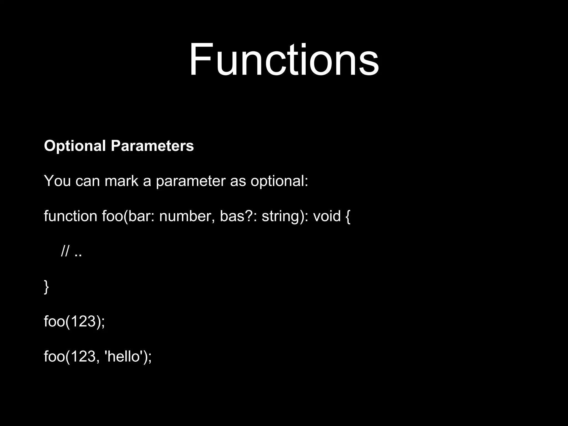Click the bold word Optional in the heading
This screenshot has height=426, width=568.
click(75, 146)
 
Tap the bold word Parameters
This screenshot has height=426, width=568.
click(152, 146)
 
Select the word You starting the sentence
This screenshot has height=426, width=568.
click(57, 181)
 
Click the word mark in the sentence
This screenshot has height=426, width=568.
click(121, 181)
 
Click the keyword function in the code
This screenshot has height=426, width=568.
click(70, 216)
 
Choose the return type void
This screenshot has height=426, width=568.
click(327, 216)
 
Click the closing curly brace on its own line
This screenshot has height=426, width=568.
click(46, 287)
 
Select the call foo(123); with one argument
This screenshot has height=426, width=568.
click(74, 322)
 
